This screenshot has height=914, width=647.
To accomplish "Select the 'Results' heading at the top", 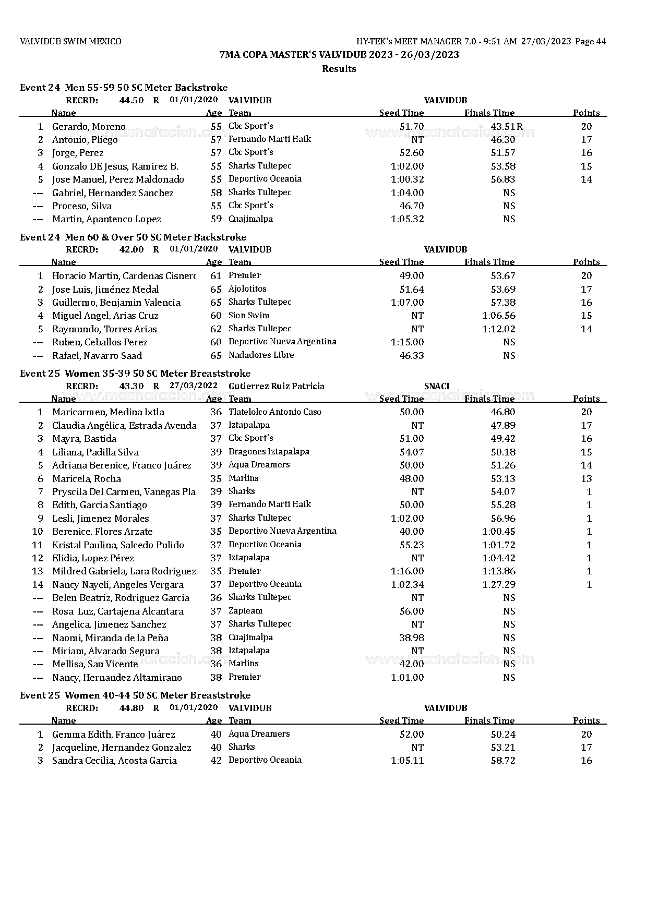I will click(x=339, y=69).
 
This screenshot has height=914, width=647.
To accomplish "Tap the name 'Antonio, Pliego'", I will click(x=85, y=140).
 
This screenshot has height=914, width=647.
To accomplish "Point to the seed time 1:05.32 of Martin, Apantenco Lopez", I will click(x=407, y=219).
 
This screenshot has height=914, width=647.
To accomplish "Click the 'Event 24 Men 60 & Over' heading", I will click(x=133, y=237).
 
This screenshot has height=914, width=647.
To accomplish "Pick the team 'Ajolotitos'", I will click(x=247, y=289).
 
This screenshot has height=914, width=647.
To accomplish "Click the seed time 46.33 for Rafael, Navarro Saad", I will click(x=411, y=356).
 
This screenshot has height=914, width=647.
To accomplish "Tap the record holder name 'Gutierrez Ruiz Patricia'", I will click(x=276, y=387).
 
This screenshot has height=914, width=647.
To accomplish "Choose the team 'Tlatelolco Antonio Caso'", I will click(x=275, y=412).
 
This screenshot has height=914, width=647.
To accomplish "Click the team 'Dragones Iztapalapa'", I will click(x=269, y=452).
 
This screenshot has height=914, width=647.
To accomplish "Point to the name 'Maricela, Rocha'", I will click(x=87, y=479).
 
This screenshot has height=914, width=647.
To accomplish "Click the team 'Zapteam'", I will click(x=245, y=611).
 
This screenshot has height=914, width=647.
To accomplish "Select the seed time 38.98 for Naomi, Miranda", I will click(x=411, y=638).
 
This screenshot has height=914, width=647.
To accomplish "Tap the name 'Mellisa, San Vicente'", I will click(x=95, y=664).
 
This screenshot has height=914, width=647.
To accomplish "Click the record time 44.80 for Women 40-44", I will click(x=131, y=708).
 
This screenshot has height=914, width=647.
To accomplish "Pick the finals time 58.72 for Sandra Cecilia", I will click(x=503, y=761).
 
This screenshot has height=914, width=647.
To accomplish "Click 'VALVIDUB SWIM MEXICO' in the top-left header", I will click(x=70, y=42).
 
